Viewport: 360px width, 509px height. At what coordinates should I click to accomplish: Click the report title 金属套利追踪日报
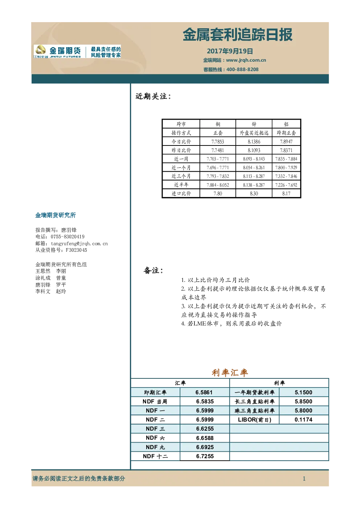click(237, 35)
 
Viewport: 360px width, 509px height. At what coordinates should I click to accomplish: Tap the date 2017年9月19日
click(230, 51)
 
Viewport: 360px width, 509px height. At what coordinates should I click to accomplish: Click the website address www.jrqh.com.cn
click(246, 60)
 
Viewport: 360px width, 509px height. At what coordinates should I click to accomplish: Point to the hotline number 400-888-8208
click(242, 70)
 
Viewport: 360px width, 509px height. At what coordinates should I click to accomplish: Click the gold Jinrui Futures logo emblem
click(41, 50)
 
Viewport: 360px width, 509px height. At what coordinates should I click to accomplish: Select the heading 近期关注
click(153, 97)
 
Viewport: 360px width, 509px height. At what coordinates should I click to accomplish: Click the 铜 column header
click(218, 124)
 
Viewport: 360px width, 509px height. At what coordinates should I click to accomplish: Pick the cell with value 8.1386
click(254, 141)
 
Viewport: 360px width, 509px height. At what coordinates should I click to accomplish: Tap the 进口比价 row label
click(181, 193)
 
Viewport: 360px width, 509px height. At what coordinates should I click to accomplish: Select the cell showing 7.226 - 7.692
click(286, 185)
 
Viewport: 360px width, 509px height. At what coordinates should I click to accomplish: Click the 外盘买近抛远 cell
click(254, 133)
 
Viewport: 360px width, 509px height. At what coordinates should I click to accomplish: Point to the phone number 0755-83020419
click(67, 237)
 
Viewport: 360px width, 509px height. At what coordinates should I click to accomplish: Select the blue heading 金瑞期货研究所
click(56, 215)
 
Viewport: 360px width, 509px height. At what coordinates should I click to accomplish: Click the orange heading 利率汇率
click(230, 373)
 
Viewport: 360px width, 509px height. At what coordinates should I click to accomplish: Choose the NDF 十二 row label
click(155, 456)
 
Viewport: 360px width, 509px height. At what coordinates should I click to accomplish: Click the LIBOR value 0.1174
click(303, 420)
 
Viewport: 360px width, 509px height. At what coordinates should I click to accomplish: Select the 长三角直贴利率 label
click(254, 402)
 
